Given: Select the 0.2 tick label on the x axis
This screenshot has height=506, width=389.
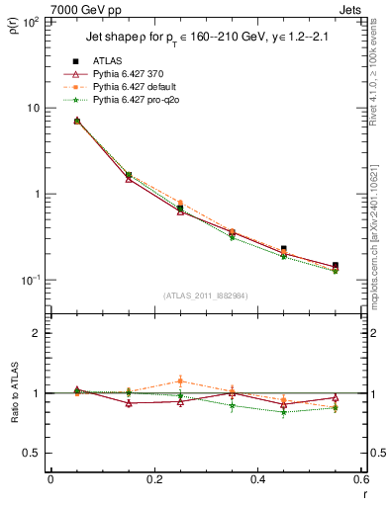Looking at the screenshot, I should pos(153,479).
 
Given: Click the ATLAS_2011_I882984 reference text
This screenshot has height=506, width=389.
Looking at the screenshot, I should pos(205,295).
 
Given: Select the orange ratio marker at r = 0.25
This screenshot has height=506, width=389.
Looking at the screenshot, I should pos(180,380).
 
